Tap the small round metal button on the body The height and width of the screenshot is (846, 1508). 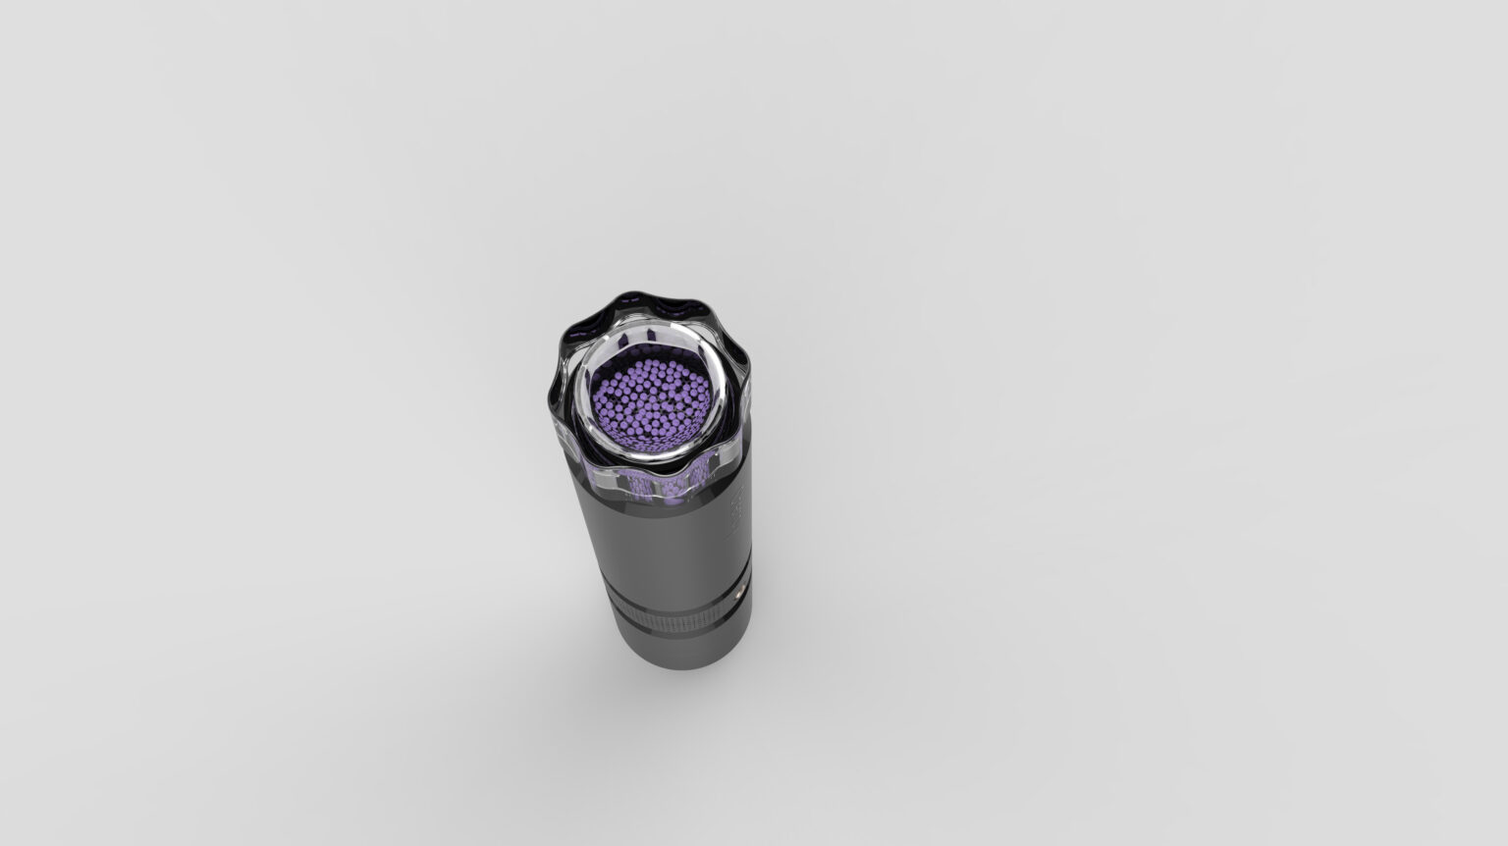[x=739, y=593]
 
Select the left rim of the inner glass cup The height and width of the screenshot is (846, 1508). [x=580, y=393]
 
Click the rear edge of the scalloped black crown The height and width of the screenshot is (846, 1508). [x=650, y=296]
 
